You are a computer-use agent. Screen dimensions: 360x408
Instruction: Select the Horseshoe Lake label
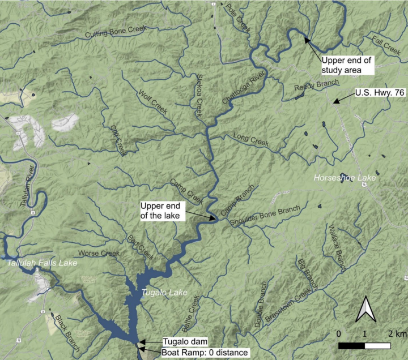tap(345, 178)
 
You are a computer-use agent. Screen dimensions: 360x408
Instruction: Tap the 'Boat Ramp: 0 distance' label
tap(205, 353)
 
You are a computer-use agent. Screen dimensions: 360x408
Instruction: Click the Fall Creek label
tap(386, 44)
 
